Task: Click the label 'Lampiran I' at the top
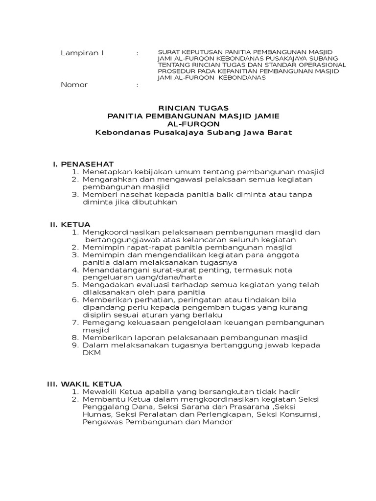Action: click(x=82, y=52)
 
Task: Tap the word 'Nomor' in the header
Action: click(x=74, y=85)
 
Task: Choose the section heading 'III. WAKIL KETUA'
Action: click(x=84, y=384)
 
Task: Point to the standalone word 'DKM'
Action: click(x=92, y=353)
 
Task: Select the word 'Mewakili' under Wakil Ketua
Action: click(x=100, y=392)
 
